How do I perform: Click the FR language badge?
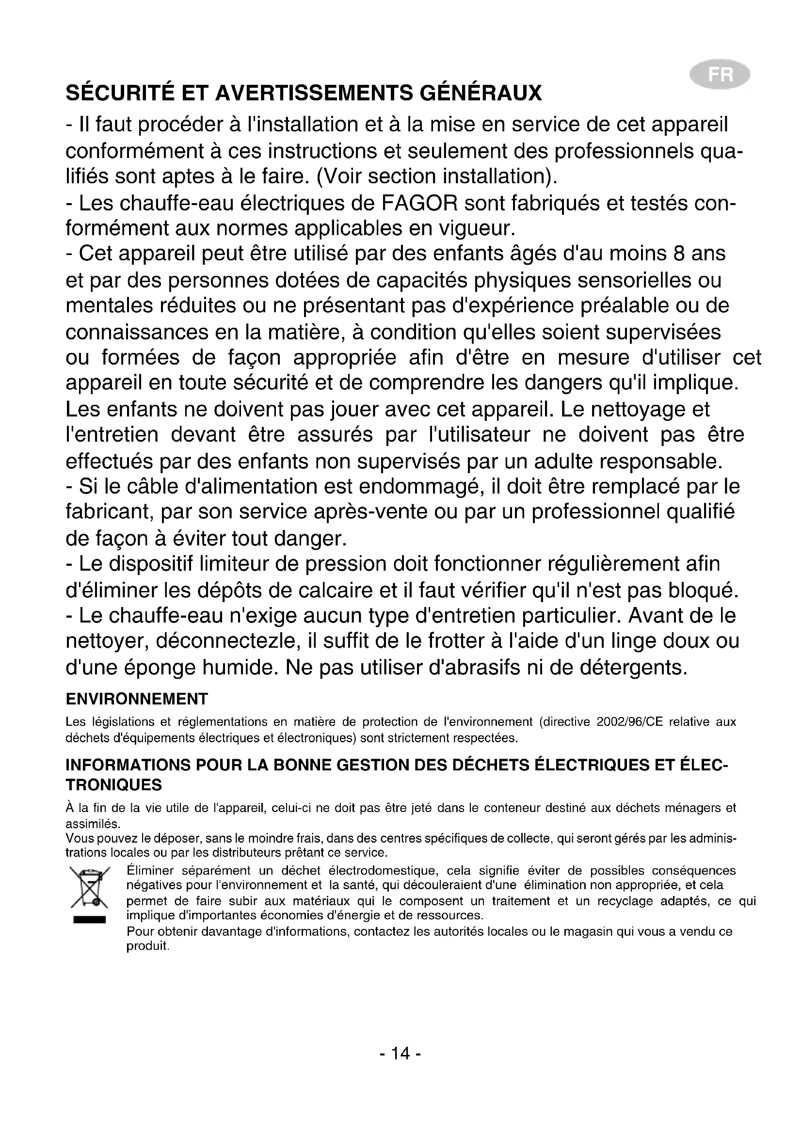tap(720, 75)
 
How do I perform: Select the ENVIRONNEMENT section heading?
tap(137, 699)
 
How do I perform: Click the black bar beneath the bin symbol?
tap(90, 919)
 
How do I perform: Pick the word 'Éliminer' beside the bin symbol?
tap(150, 870)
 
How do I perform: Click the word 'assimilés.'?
tap(93, 824)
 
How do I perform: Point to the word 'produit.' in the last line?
tap(148, 946)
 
